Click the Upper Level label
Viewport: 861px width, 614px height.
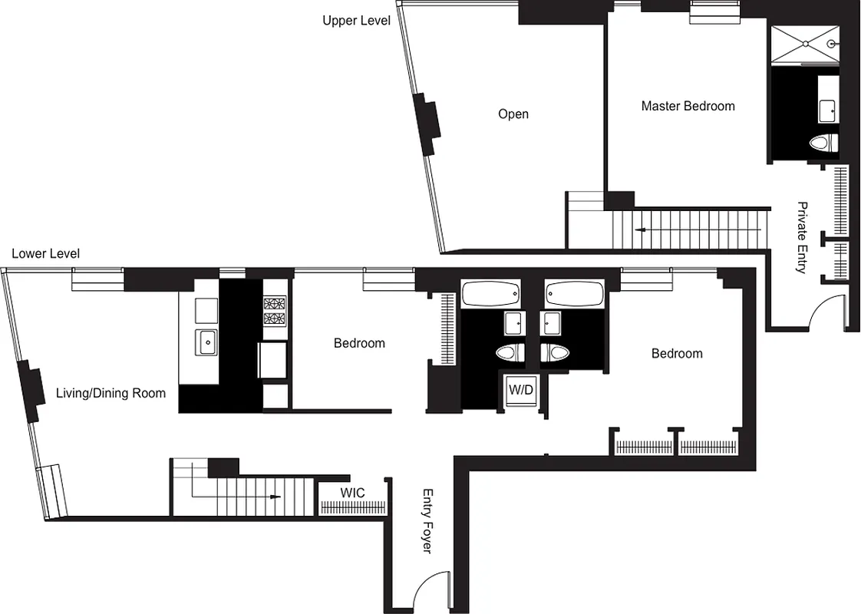[356, 21]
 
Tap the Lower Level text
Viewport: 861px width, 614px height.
[45, 253]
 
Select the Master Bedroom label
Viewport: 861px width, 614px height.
[688, 106]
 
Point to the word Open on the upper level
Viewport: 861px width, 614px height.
[513, 114]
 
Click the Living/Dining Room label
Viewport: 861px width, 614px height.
[111, 394]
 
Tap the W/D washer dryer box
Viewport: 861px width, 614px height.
[520, 390]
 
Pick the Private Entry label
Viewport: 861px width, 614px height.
[802, 237]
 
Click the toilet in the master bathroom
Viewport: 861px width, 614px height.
[823, 143]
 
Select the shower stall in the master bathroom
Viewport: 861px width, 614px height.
[804, 45]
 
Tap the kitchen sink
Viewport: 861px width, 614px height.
[207, 342]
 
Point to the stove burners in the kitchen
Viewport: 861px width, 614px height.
[274, 311]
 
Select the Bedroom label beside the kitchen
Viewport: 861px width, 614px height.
[359, 343]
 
